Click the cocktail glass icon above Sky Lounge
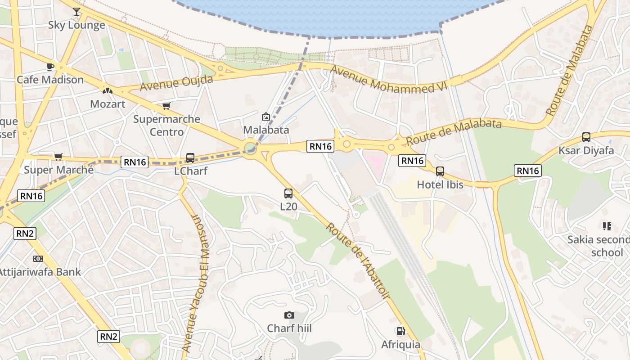coord(76,11)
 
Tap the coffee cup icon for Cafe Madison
coord(50,67)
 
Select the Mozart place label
coord(107,104)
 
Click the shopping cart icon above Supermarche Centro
coord(166,106)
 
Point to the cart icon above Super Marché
coord(58,157)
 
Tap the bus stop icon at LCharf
coord(190,158)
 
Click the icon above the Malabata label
coord(266,117)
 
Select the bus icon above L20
coord(288,193)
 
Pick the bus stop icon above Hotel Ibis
coord(440,171)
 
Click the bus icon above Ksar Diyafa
coord(586,137)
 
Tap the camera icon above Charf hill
coord(289,315)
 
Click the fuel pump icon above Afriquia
coord(400,331)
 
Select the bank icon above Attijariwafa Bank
coord(38,259)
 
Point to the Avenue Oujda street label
coord(176,83)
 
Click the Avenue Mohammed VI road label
coord(390,80)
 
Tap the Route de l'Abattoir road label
coord(358,261)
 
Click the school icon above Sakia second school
coord(607,226)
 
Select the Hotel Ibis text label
coord(440,184)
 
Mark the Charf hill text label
coord(289,328)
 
